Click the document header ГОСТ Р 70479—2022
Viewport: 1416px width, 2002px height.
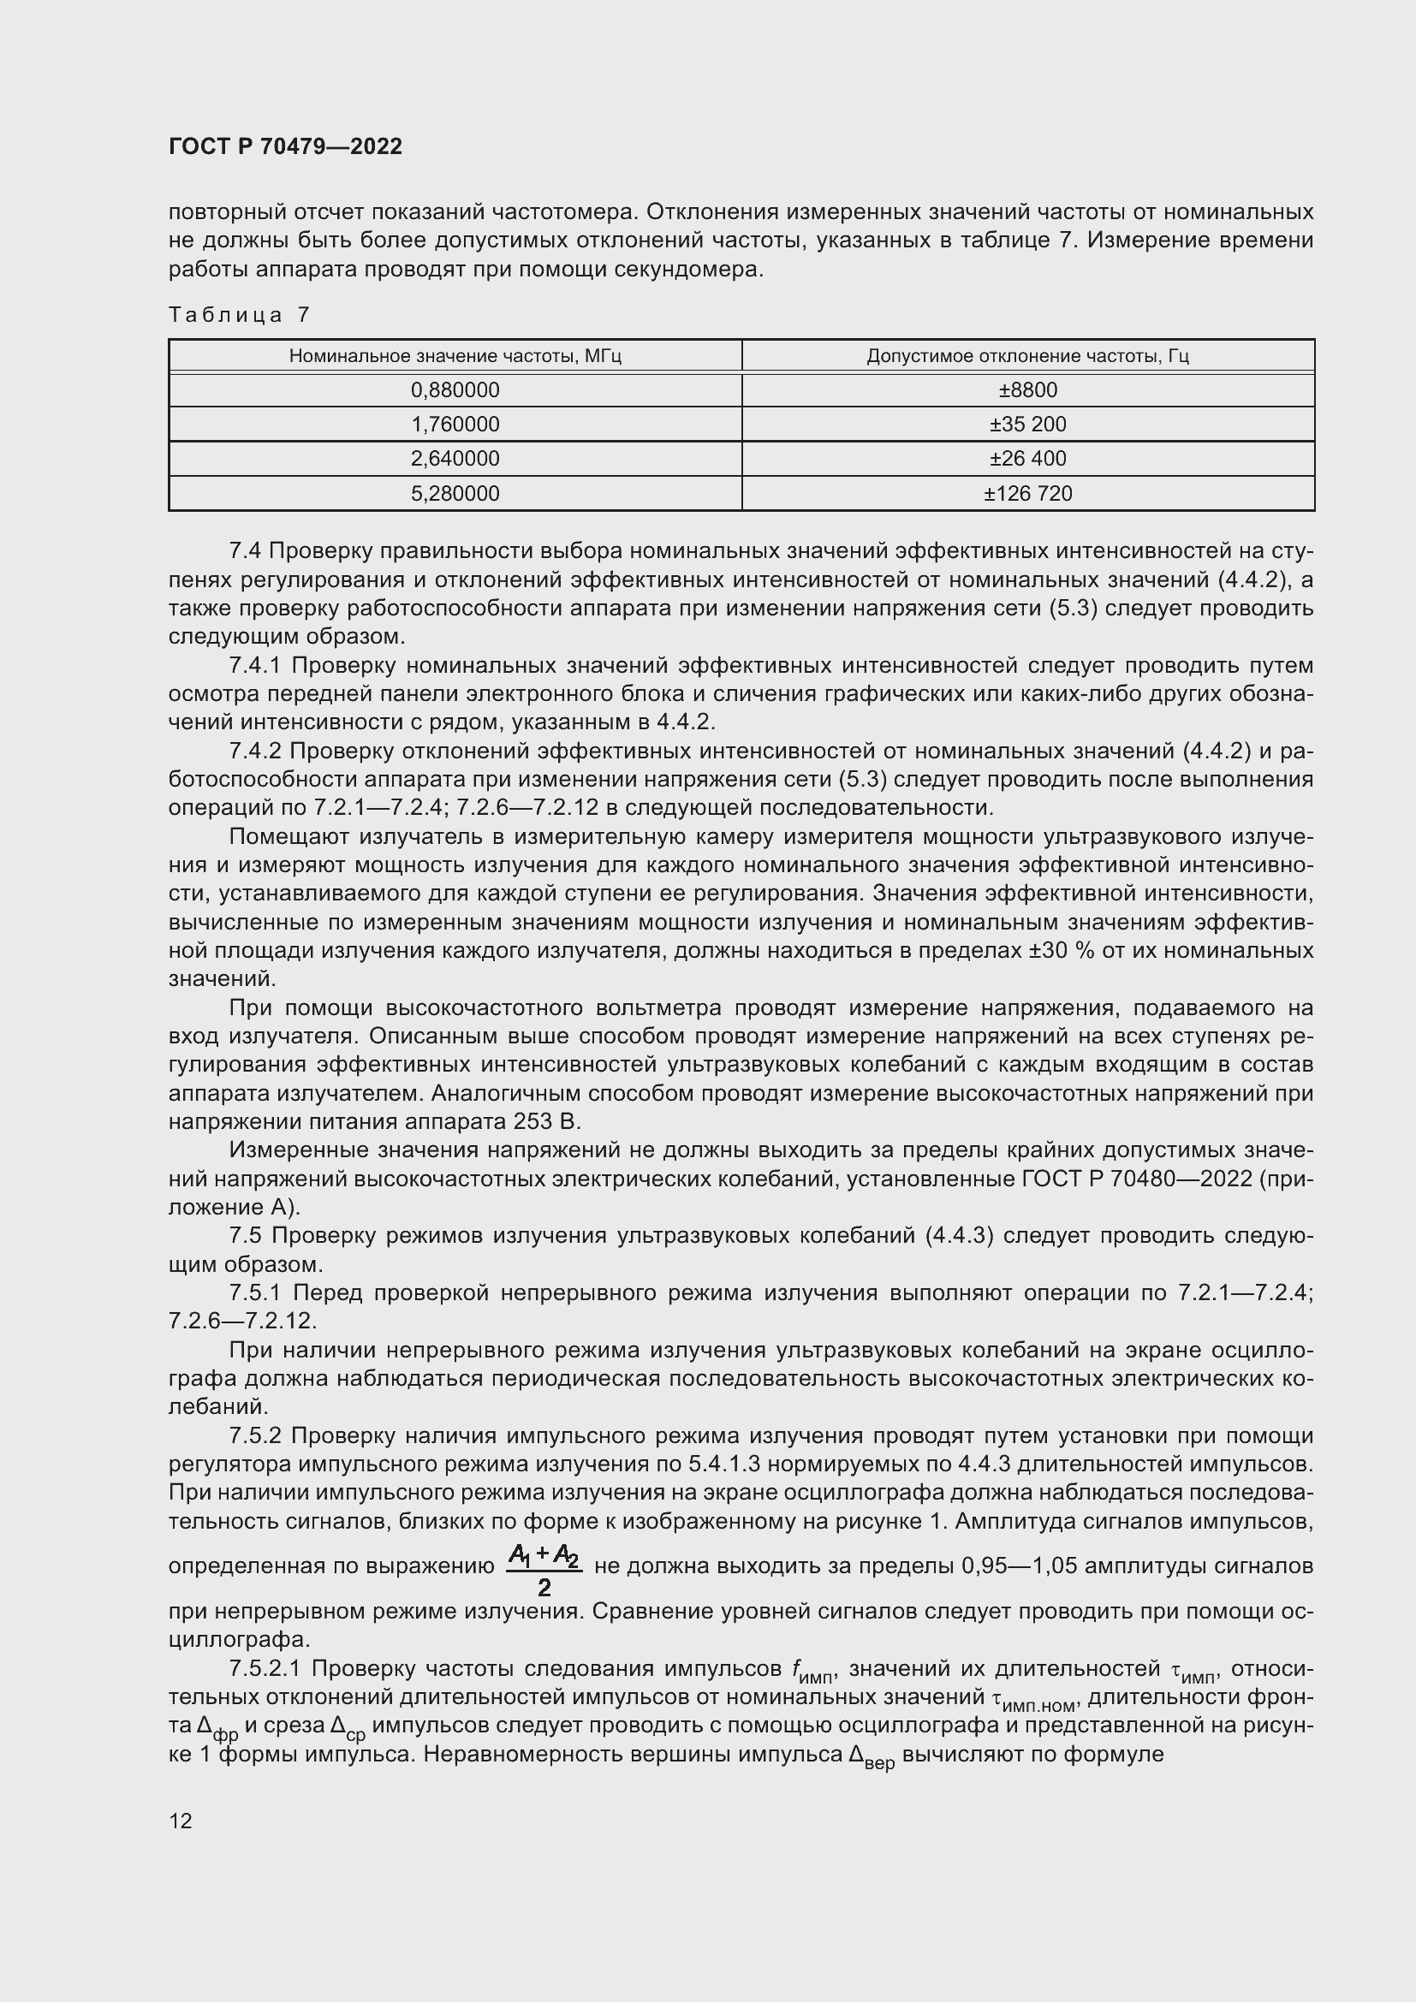pyautogui.click(x=285, y=146)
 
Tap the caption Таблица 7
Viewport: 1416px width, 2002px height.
pyautogui.click(x=239, y=315)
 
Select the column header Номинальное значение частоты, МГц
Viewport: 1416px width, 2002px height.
pyautogui.click(x=455, y=356)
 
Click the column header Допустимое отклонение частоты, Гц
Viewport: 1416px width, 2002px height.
pyautogui.click(x=1027, y=356)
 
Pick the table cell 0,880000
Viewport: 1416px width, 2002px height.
pyautogui.click(x=455, y=389)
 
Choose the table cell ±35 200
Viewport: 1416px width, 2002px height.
pyautogui.click(x=1027, y=425)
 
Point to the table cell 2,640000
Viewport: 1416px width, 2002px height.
pyautogui.click(x=455, y=459)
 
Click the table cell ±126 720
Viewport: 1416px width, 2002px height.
pyautogui.click(x=1027, y=494)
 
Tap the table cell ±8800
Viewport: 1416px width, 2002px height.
pyautogui.click(x=1027, y=389)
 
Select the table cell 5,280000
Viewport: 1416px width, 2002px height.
pyautogui.click(x=455, y=494)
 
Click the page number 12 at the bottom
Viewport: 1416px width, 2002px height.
pyautogui.click(x=181, y=1821)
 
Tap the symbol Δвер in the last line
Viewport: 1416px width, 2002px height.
pyautogui.click(x=871, y=1756)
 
